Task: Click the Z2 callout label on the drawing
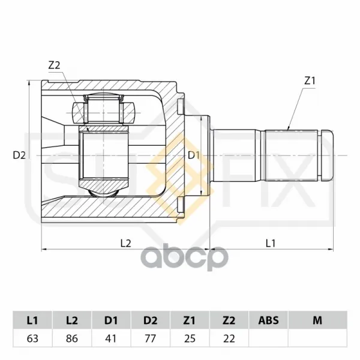pos(54,65)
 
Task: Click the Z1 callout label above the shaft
pos(310,81)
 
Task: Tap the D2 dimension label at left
pos(19,155)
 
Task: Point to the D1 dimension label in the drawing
pos(194,155)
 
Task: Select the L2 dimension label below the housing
pos(126,243)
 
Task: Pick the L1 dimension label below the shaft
pos(271,243)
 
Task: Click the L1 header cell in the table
pos(32,320)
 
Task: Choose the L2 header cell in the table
pos(72,320)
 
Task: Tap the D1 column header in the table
pos(111,320)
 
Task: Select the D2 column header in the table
pos(151,320)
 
